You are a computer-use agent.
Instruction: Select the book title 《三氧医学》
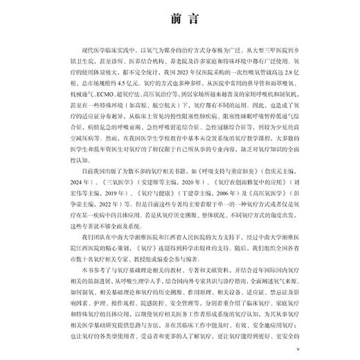pos(102,177)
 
